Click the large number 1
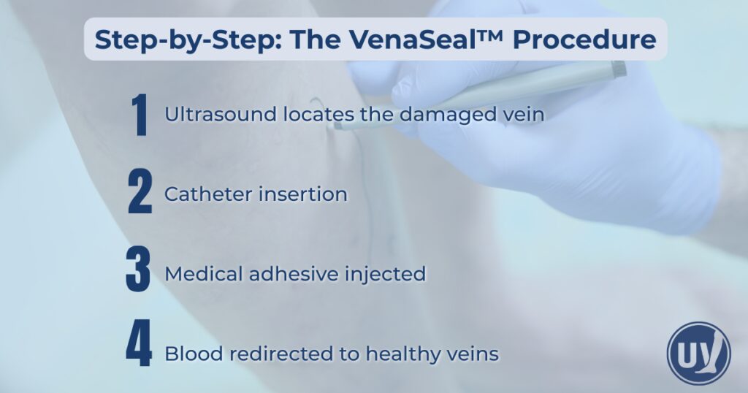click(139, 115)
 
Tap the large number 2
click(139, 194)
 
